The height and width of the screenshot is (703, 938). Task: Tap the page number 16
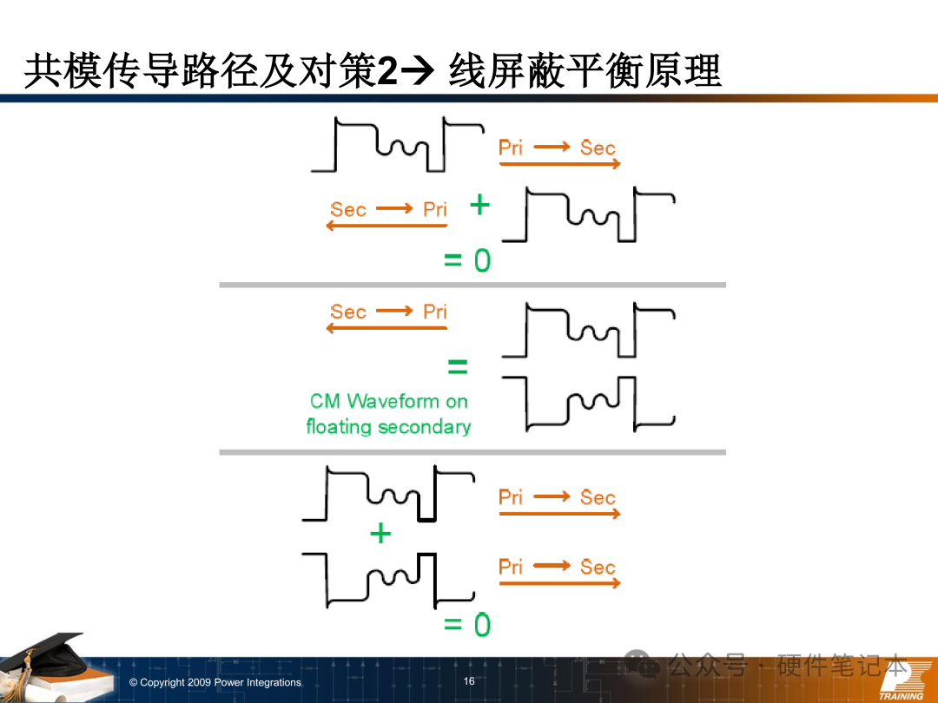pyautogui.click(x=469, y=681)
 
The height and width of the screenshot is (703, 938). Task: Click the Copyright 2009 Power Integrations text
pyautogui.click(x=215, y=683)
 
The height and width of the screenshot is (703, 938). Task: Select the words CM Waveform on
pyautogui.click(x=388, y=401)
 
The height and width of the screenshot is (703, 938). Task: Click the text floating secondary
pyautogui.click(x=388, y=426)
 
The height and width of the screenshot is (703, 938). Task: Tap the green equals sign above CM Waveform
pyautogui.click(x=457, y=368)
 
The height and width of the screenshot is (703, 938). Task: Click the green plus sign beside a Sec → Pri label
pyautogui.click(x=479, y=206)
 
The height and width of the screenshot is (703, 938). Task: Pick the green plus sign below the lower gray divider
pyautogui.click(x=380, y=533)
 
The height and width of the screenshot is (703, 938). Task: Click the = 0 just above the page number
pyautogui.click(x=467, y=624)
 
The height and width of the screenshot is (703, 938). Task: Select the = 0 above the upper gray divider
pyautogui.click(x=467, y=260)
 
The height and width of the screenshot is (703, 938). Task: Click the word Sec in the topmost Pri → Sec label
pyautogui.click(x=598, y=148)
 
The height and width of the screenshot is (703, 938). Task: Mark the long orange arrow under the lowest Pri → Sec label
pyautogui.click(x=559, y=583)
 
